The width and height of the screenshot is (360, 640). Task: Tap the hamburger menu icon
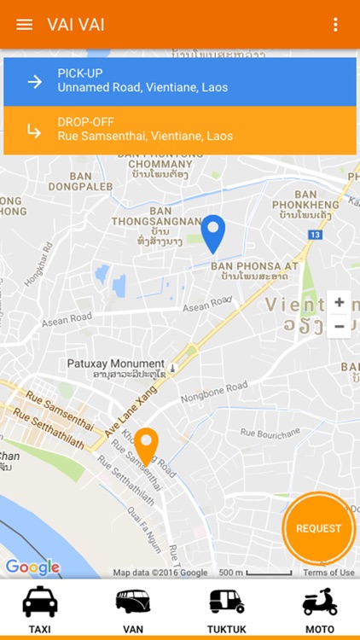click(25, 24)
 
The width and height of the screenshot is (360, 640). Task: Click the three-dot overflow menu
click(336, 24)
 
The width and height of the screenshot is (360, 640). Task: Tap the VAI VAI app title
click(76, 24)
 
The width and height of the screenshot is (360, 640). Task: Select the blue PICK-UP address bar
click(180, 81)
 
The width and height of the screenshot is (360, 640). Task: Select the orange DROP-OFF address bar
click(180, 130)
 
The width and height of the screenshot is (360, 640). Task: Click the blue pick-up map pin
click(212, 232)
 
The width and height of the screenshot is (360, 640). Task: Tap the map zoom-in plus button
click(340, 303)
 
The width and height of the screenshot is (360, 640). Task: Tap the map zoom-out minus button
click(340, 326)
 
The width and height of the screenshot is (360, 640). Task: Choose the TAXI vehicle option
click(40, 610)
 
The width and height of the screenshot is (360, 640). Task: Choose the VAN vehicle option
click(133, 610)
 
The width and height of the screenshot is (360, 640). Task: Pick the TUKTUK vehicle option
click(227, 610)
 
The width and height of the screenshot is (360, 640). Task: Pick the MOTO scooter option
click(320, 610)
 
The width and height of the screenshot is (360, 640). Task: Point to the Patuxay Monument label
click(116, 364)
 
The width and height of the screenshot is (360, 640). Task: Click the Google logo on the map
click(32, 567)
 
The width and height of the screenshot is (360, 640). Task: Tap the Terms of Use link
click(328, 573)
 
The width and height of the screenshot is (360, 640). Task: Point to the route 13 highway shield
click(316, 233)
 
